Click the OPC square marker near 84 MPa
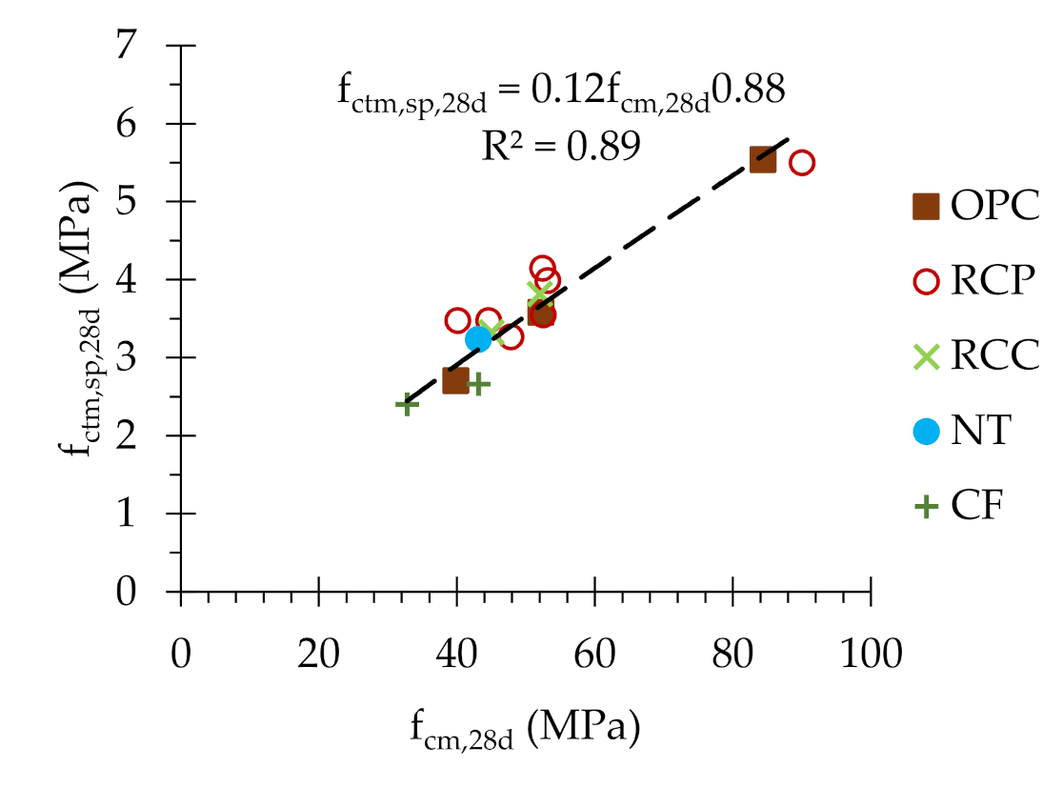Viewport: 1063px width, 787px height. point(763,159)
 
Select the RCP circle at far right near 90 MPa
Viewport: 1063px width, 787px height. point(802,163)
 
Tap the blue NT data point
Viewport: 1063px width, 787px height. point(478,338)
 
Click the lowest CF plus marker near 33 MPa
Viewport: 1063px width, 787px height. point(407,404)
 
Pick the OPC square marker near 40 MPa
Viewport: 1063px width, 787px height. point(456,380)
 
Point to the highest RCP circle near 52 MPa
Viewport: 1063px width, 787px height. point(543,269)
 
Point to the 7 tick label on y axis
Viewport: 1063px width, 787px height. point(150,47)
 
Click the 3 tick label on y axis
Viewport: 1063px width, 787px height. point(150,358)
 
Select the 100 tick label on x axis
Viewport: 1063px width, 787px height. point(871,657)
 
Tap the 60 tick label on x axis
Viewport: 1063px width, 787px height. point(594,657)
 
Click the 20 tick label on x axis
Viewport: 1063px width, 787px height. point(318,657)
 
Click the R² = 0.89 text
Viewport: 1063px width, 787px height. point(560,146)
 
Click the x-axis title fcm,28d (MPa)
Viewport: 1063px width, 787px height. point(525,729)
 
